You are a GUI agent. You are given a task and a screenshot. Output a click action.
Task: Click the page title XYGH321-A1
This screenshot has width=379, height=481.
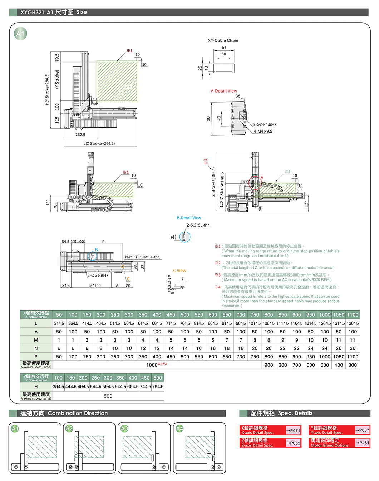37,12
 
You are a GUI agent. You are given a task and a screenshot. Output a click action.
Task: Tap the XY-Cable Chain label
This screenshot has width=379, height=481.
223,40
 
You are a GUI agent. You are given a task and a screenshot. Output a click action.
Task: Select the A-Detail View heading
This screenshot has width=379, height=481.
224,91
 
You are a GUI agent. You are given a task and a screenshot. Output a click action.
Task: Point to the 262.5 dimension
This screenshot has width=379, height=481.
80,135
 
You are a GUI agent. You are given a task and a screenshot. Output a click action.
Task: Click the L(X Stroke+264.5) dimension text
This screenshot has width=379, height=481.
99,143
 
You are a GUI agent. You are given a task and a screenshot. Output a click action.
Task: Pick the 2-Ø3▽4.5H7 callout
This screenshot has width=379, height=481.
265,124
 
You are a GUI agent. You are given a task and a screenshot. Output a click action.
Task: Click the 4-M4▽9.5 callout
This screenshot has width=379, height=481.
263,131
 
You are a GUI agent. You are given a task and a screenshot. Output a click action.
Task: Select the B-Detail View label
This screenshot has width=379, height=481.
189,218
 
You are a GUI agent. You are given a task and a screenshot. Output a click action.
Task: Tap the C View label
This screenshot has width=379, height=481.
179,271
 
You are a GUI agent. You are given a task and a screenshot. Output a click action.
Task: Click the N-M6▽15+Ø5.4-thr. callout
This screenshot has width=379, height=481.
143,257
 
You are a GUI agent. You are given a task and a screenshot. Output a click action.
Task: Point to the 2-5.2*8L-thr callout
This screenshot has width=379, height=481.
198,225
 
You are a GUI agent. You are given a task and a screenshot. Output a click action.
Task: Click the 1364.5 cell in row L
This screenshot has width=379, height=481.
353,323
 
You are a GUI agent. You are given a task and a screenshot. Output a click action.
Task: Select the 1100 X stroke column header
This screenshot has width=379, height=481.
353,315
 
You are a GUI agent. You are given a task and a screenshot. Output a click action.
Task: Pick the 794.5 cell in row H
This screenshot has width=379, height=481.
158,387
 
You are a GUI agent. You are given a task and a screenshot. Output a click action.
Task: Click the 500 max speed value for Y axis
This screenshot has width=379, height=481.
108,396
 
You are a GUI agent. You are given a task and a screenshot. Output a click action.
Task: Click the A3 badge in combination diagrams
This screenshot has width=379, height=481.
124,428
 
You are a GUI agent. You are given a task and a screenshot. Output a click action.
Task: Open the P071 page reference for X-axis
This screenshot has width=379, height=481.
293,430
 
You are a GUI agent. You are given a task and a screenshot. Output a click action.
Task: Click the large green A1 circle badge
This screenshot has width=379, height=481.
20,34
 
